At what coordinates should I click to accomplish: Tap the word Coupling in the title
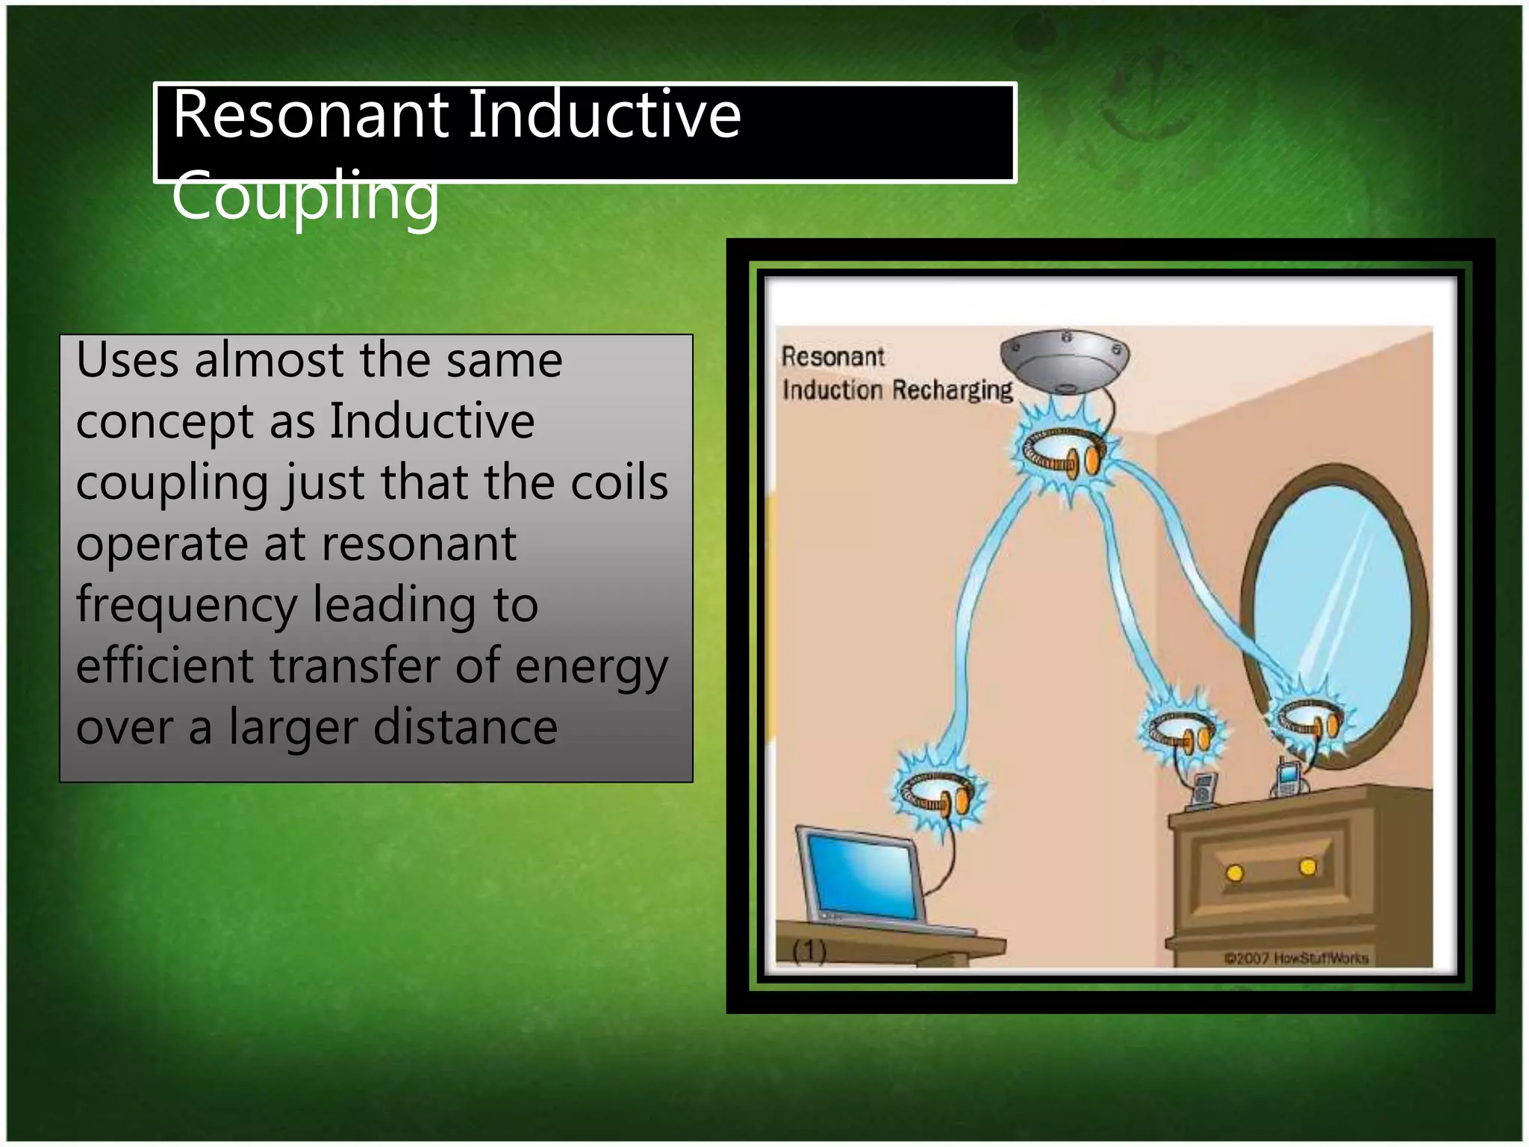click(x=305, y=196)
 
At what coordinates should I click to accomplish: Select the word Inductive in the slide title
click(x=604, y=115)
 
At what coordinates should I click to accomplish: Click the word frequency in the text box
click(x=187, y=605)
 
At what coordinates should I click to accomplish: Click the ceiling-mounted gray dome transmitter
click(x=1065, y=360)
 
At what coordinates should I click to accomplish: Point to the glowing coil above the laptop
click(x=938, y=793)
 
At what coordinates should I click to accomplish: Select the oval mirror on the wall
click(x=1333, y=612)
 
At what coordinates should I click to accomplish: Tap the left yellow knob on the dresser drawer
click(x=1235, y=873)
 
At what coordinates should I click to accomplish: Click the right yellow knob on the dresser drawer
click(x=1307, y=867)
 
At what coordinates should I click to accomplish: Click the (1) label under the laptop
click(x=809, y=951)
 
